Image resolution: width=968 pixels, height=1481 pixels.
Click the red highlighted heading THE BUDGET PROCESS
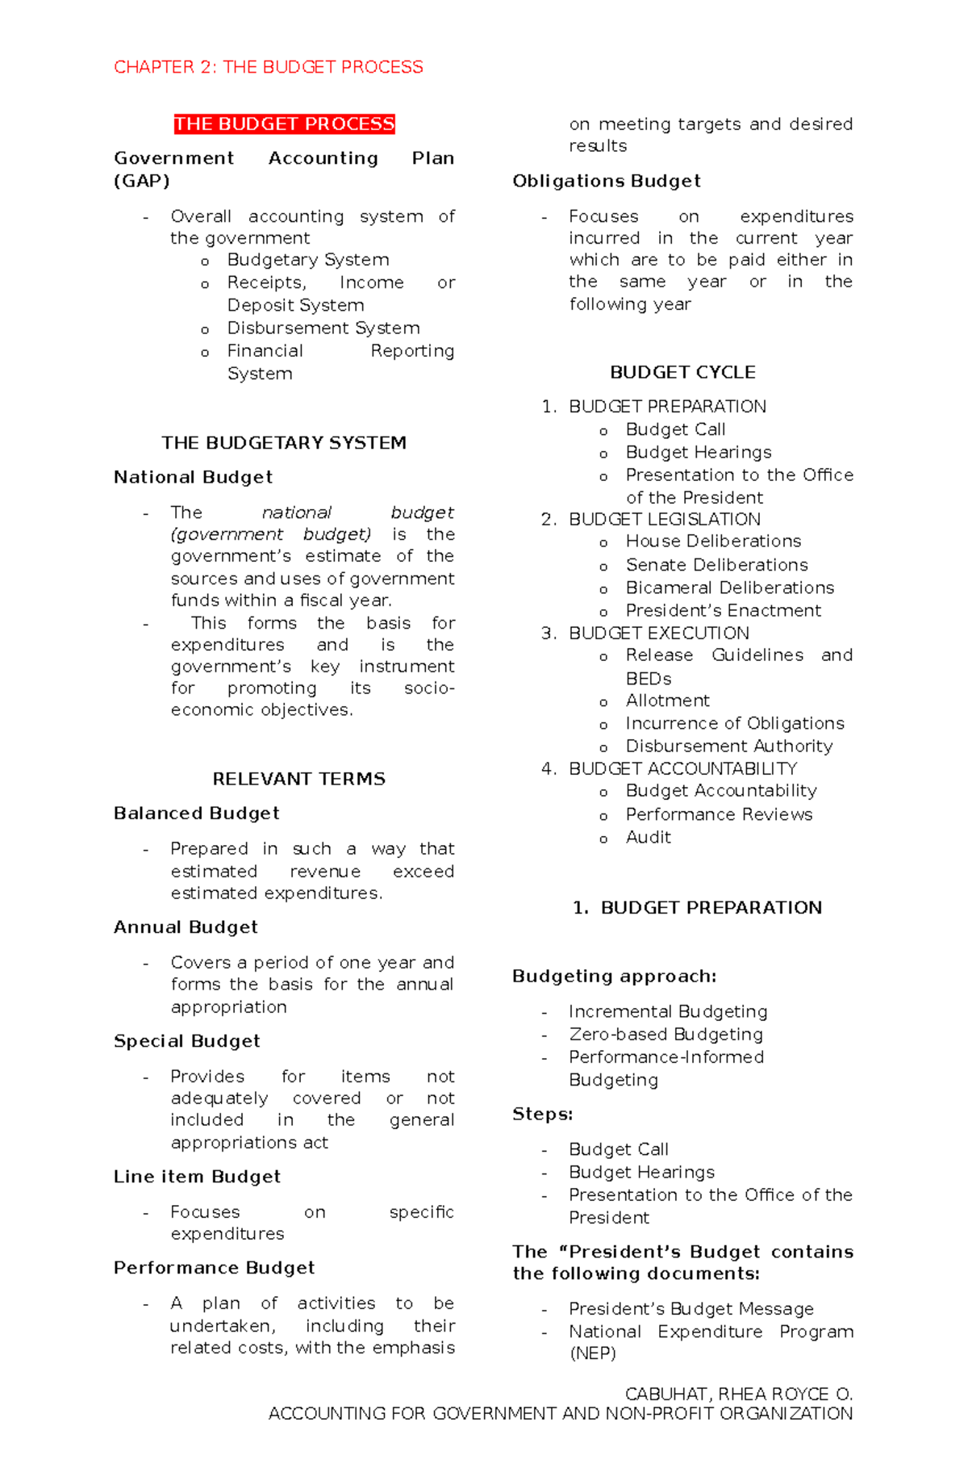pos(284,124)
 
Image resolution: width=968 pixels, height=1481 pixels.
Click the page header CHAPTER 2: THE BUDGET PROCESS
pos(268,67)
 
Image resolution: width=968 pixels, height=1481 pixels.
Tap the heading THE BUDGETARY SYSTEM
pos(284,443)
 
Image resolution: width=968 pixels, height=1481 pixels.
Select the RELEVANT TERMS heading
pos(298,779)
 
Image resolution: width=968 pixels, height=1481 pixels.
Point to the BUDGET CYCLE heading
pos(682,372)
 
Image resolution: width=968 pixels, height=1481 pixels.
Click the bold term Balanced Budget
pos(196,814)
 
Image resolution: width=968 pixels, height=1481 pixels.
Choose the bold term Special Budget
pos(187,1041)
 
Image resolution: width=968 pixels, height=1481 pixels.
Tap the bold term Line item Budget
pos(197,1177)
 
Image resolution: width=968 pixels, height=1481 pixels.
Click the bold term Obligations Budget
pos(607,182)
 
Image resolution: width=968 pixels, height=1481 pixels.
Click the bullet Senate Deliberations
pos(716,565)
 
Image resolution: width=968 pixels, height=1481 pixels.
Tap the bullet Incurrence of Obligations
pos(735,723)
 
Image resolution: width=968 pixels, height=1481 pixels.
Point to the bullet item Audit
pos(649,838)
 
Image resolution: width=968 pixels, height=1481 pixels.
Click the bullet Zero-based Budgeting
pos(665,1035)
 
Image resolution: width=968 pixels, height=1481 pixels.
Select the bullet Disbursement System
pos(323,328)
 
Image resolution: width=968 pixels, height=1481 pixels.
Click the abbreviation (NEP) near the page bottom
pos(592,1353)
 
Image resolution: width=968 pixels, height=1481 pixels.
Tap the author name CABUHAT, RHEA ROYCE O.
pos(738,1394)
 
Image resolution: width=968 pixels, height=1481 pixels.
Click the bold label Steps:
pos(542,1115)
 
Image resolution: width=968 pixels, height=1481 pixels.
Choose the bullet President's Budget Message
pos(691,1309)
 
